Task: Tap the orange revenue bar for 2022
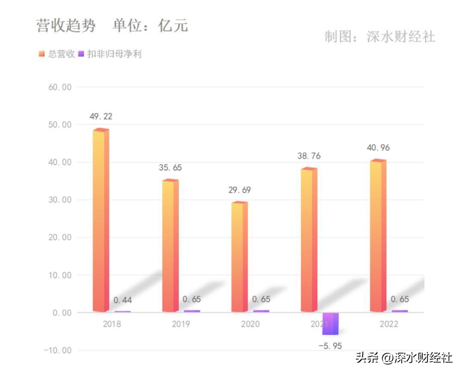(378, 236)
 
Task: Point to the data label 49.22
(101, 116)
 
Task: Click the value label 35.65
(170, 167)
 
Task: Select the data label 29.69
(239, 190)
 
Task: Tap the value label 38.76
(309, 156)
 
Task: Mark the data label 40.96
(378, 148)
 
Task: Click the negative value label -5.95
(330, 346)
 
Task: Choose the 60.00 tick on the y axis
(59, 87)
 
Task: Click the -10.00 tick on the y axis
(58, 350)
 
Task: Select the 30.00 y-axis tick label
(59, 200)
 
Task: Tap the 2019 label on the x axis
(181, 324)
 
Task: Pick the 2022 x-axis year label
(389, 324)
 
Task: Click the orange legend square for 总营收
(42, 54)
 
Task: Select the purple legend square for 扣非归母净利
(81, 54)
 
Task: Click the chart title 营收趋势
(66, 26)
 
